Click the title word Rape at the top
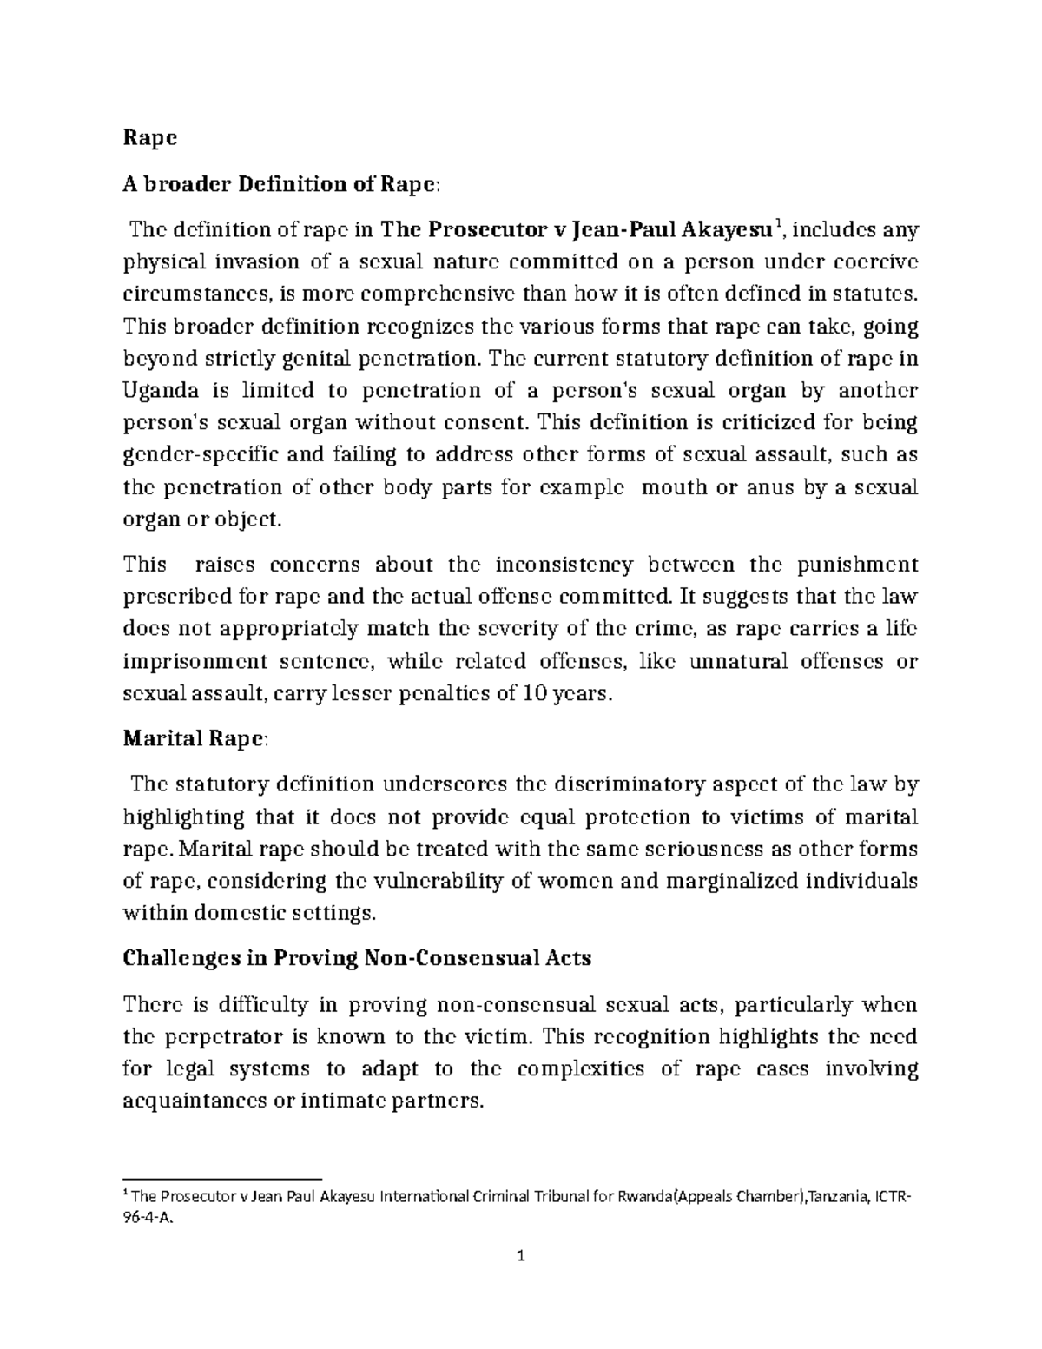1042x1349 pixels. [x=150, y=137]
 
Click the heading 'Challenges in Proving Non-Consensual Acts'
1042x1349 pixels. [x=358, y=958]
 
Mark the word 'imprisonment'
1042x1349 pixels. [x=195, y=662]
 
